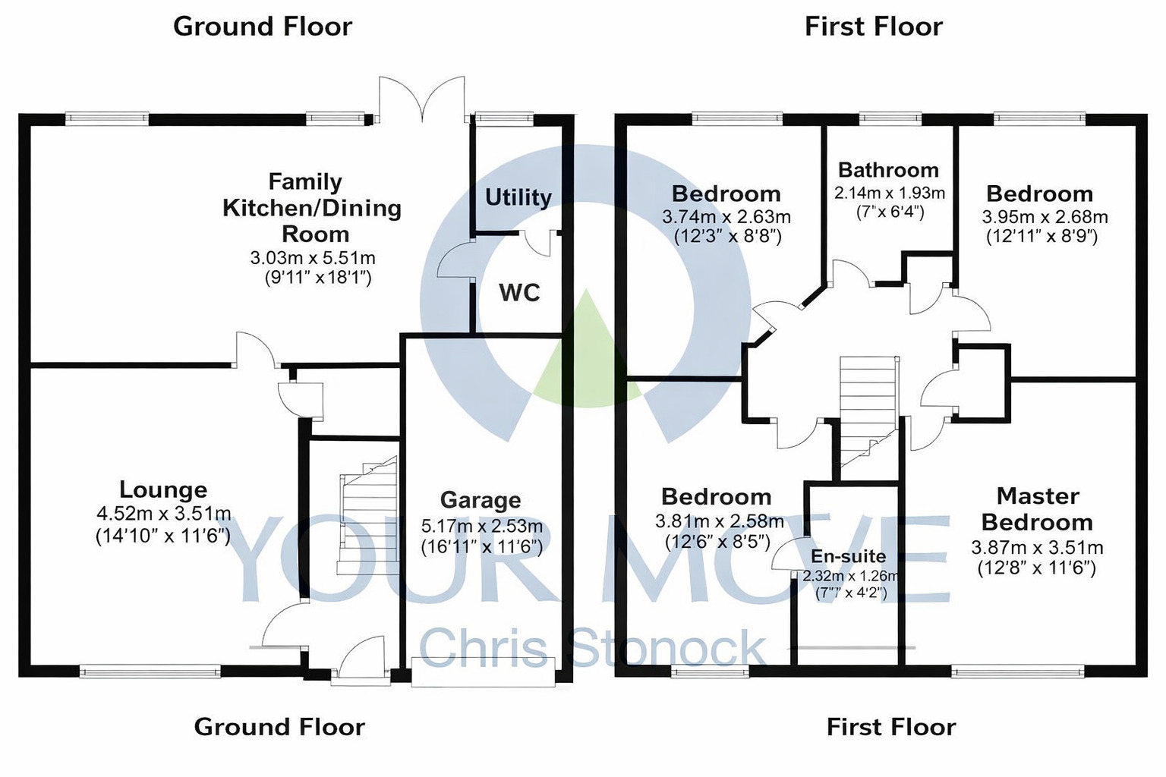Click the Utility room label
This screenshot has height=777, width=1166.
tap(518, 197)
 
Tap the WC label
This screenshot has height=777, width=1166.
tap(519, 292)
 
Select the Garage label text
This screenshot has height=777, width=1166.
tap(481, 500)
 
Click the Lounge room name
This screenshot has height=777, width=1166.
tap(163, 489)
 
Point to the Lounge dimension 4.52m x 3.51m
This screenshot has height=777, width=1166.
tap(163, 514)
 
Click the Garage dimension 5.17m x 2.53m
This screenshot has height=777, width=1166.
tap(481, 526)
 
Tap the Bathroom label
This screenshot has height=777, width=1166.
tap(888, 170)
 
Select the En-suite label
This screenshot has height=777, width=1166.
tap(848, 556)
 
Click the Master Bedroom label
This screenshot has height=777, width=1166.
tap(1037, 509)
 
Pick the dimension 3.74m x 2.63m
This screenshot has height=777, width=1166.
tap(726, 217)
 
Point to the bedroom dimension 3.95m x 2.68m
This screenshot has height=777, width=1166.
tap(1045, 217)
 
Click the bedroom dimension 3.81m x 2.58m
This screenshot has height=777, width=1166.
tap(719, 521)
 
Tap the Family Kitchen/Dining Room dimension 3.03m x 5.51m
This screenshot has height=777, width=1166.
tap(313, 258)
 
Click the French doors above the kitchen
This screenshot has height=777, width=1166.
tap(421, 99)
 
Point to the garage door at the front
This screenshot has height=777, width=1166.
tap(483, 672)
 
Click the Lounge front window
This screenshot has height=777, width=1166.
tap(150, 671)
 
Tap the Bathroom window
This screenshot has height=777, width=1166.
tap(890, 118)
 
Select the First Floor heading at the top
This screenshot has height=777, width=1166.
tap(873, 27)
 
